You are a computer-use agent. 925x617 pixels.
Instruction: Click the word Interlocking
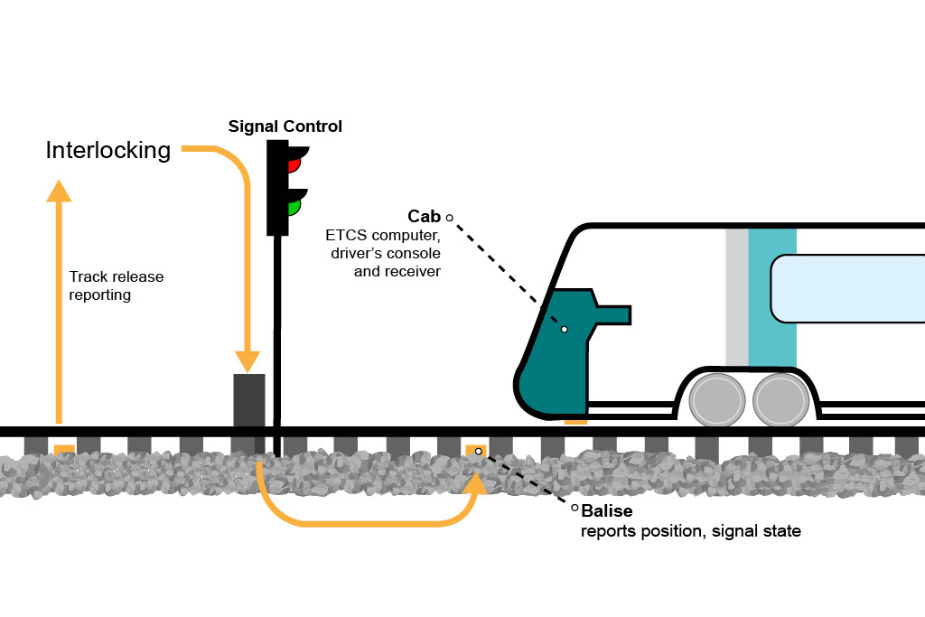[x=107, y=150]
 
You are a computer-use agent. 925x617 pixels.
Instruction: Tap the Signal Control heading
[x=285, y=126]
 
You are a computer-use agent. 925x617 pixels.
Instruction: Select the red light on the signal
[x=294, y=164]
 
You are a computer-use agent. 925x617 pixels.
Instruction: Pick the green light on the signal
[x=294, y=207]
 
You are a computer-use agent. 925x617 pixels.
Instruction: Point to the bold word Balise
[x=607, y=511]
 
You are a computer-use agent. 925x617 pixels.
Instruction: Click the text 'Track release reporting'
[x=117, y=285]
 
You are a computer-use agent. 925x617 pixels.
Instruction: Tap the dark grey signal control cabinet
[x=249, y=399]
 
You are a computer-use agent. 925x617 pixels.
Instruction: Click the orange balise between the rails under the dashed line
[x=475, y=450]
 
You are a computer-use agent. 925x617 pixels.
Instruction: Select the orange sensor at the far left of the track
[x=64, y=449]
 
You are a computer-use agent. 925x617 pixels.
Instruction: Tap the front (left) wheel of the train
[x=715, y=399]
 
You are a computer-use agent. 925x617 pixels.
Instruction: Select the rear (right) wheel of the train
[x=779, y=399]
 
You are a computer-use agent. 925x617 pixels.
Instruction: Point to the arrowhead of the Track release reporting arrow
[x=60, y=191]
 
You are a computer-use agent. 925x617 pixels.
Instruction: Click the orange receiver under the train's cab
[x=575, y=420]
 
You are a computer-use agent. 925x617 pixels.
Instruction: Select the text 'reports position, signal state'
[x=690, y=531]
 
